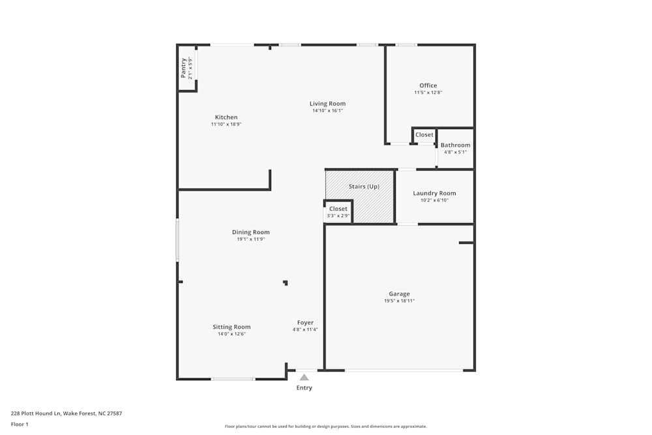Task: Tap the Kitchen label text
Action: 226,117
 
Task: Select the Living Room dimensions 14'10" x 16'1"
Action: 327,111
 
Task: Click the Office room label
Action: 428,85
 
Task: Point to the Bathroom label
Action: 455,145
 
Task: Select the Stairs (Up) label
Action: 364,187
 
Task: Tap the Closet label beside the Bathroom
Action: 424,135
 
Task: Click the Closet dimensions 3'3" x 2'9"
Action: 338,216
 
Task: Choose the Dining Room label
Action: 250,232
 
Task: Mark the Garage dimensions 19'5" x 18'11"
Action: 399,301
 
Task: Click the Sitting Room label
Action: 231,327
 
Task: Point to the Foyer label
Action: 305,322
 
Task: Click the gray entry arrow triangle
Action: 304,377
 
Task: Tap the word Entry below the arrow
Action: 304,388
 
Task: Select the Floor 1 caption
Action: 20,424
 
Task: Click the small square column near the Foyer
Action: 285,282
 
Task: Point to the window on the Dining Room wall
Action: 177,241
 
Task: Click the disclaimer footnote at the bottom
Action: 326,427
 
